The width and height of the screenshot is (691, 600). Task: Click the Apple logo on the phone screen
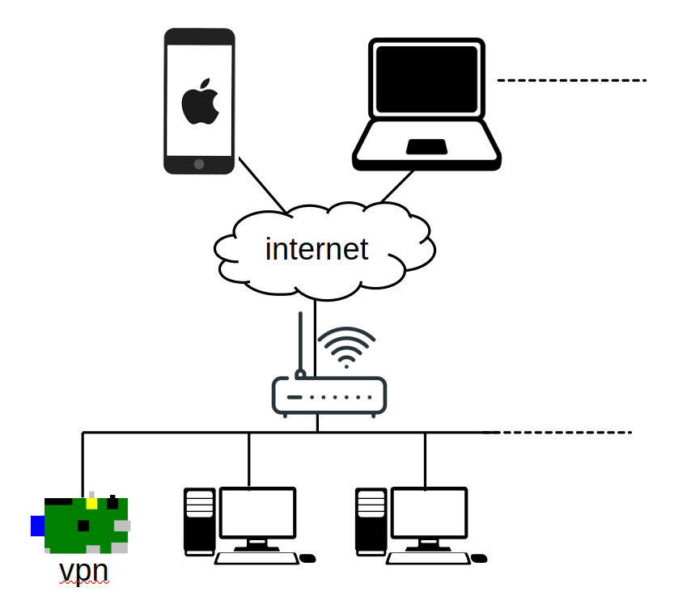pyautogui.click(x=199, y=102)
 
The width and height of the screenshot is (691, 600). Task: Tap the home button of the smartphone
pyautogui.click(x=199, y=164)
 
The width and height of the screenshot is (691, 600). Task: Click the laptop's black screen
pyautogui.click(x=426, y=78)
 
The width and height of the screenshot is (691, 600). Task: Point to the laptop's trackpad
pyautogui.click(x=426, y=146)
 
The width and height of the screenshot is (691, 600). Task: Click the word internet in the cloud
pyautogui.click(x=316, y=249)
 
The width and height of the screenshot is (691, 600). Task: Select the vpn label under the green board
pyautogui.click(x=83, y=571)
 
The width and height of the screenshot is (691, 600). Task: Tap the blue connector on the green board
pyautogui.click(x=37, y=526)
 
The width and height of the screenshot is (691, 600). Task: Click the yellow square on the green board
pyautogui.click(x=91, y=503)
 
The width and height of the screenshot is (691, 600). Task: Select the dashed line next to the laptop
pyautogui.click(x=571, y=81)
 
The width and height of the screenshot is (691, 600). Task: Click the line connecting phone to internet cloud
pyautogui.click(x=261, y=184)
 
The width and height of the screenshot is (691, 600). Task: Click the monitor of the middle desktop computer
pyautogui.click(x=257, y=513)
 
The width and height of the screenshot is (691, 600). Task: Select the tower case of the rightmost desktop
pyautogui.click(x=370, y=522)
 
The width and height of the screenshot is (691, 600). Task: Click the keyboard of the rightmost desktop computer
pyautogui.click(x=428, y=558)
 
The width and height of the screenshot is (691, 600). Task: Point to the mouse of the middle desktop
pyautogui.click(x=307, y=558)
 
